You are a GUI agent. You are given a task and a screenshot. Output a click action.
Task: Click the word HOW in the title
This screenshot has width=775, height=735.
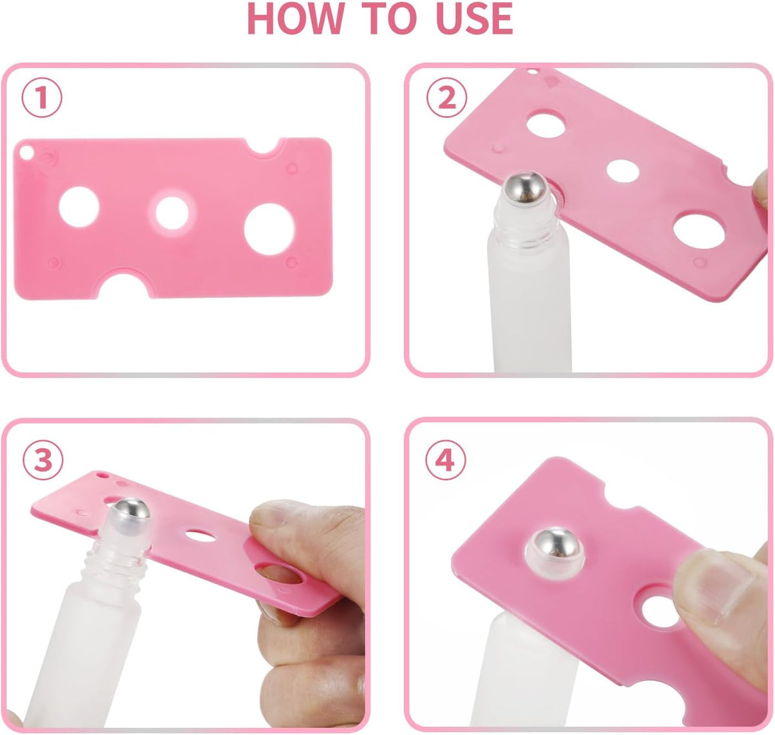pos(295,18)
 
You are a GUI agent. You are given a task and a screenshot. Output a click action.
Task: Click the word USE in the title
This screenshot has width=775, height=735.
pos(474,18)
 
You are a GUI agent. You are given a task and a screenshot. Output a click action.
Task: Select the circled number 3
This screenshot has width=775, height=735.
pos(43,460)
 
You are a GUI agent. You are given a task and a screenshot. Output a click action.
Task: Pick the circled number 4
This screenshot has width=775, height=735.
pos(446,459)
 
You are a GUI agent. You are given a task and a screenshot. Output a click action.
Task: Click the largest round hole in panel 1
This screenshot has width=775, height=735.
pos(269,229)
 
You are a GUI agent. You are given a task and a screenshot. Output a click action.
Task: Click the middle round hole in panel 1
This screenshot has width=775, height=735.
pos(172,213)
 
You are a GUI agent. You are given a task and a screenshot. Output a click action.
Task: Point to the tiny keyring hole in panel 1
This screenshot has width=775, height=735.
pos(26,153)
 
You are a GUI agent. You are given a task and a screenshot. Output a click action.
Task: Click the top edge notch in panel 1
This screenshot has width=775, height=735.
pos(264,147)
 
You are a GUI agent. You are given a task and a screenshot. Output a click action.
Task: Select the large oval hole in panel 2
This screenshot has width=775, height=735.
pos(699,231)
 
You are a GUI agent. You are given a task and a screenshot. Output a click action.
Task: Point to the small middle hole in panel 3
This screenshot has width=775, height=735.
pos(200,536)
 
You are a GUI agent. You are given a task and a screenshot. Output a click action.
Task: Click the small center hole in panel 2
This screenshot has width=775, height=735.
pos(623,171)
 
